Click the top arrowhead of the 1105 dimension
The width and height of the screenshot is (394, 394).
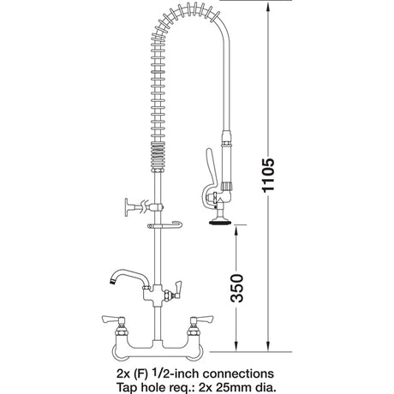tap(269, 6)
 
